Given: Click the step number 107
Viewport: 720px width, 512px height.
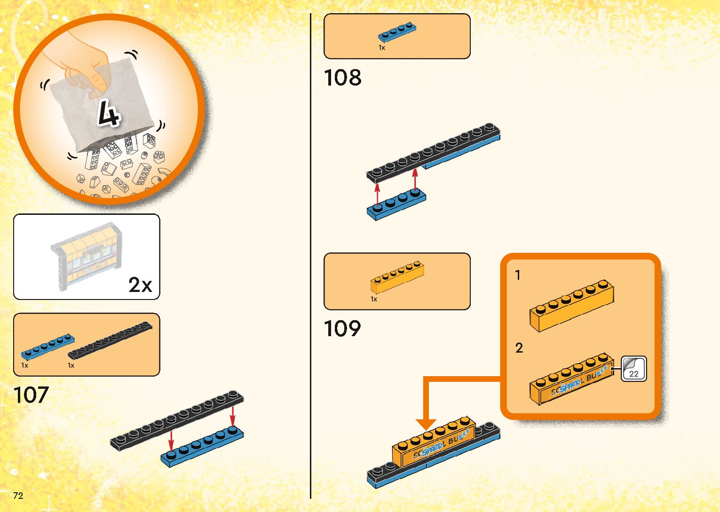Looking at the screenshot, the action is tap(31, 395).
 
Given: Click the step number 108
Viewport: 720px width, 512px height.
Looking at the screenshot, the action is tap(342, 78).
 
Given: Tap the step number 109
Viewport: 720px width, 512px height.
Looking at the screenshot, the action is tap(342, 329).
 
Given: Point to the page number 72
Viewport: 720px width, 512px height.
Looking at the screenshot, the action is tap(18, 496).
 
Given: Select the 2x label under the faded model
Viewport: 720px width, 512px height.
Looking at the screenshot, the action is tap(140, 285).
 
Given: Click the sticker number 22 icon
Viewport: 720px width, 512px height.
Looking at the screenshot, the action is tap(633, 369).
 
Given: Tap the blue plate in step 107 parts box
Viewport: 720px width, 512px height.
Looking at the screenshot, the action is tap(47, 347).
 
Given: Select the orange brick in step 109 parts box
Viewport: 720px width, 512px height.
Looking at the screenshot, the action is tap(397, 277).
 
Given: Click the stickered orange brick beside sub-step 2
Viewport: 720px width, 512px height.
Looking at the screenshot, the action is tap(571, 379).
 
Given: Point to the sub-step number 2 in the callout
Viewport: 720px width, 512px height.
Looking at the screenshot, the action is tap(519, 348).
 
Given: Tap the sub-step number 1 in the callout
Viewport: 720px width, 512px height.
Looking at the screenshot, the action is tap(518, 275).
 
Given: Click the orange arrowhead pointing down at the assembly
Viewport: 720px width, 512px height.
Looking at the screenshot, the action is tap(426, 424).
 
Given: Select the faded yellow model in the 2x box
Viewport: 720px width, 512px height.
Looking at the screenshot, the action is tap(87, 256).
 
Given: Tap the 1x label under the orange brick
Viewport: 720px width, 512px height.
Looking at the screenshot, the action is tap(374, 299).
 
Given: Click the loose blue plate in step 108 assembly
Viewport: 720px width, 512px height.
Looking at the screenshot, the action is tap(396, 205).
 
